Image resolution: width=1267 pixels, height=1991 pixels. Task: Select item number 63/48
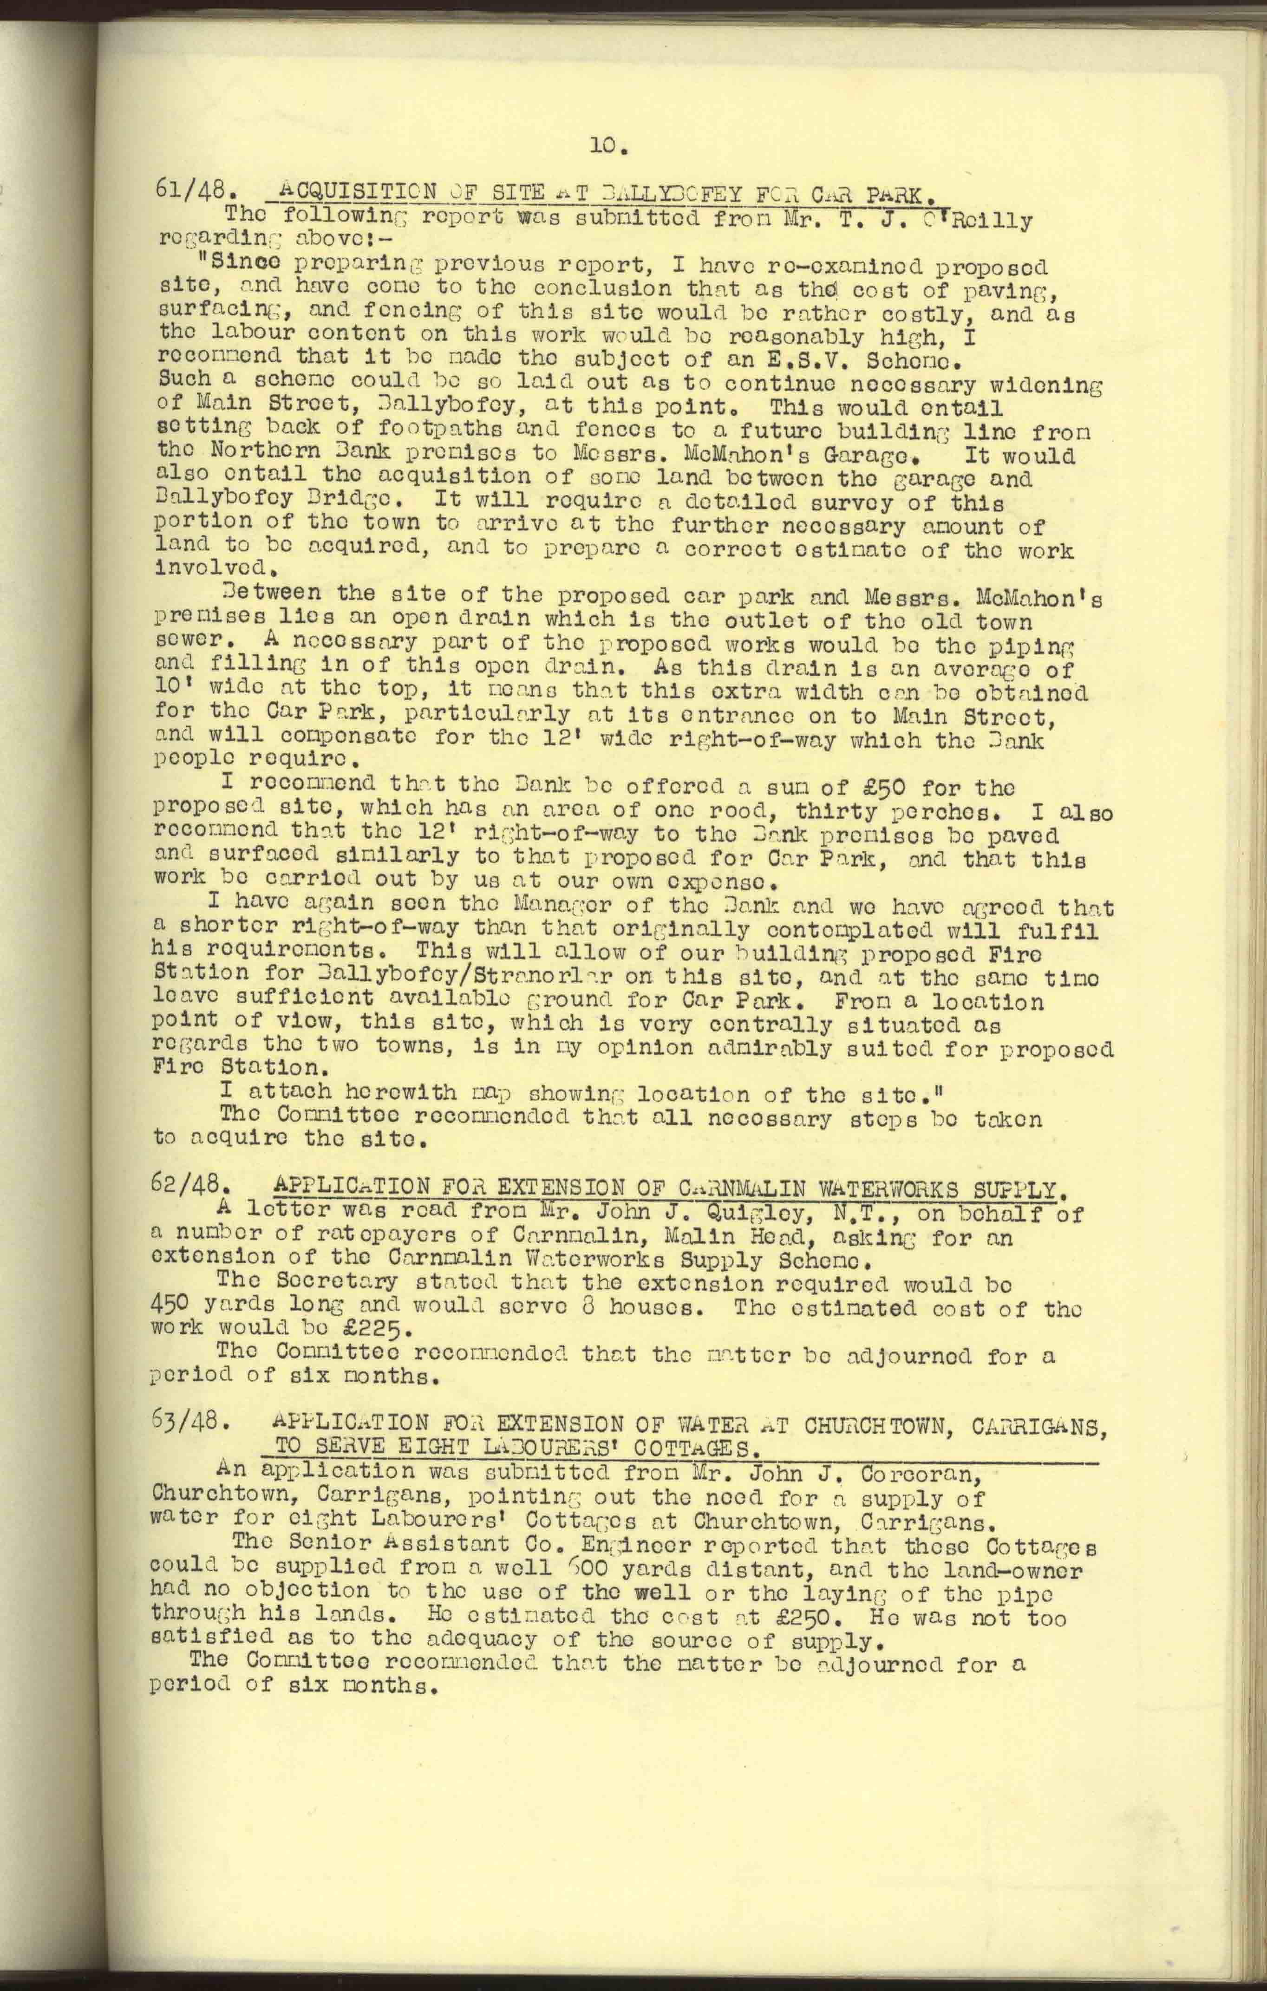(x=185, y=1422)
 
